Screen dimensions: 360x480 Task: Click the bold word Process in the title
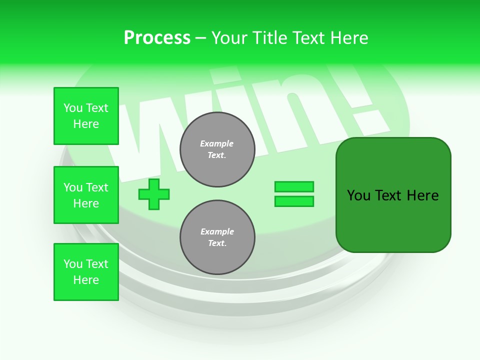point(157,38)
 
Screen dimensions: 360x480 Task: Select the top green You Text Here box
point(86,116)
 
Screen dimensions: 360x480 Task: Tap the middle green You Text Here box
point(86,195)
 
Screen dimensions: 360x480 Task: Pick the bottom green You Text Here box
point(86,272)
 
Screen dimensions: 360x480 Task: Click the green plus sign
point(154,194)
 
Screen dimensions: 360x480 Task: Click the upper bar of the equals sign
point(294,186)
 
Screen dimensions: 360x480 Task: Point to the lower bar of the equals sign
point(294,201)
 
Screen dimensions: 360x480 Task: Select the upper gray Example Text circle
point(217,149)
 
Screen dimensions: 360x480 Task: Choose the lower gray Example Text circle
point(217,237)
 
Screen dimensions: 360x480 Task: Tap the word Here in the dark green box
point(422,195)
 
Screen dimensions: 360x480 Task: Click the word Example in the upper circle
point(217,143)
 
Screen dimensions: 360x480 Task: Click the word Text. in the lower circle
point(217,243)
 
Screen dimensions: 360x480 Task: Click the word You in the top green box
point(72,108)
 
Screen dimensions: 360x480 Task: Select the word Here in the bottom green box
point(86,280)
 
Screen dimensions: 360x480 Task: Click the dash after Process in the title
point(200,38)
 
